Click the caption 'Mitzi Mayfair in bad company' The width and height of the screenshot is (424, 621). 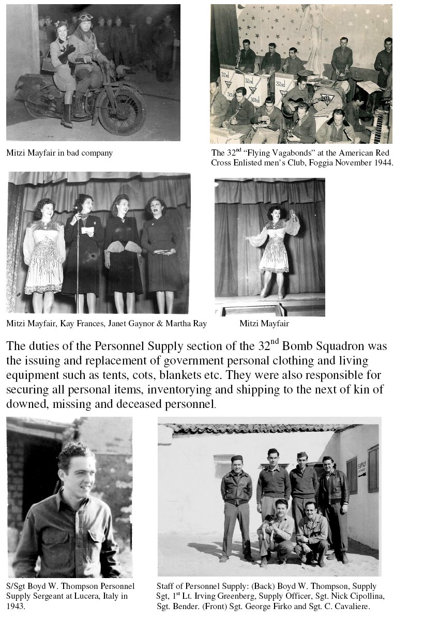pos(59,153)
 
